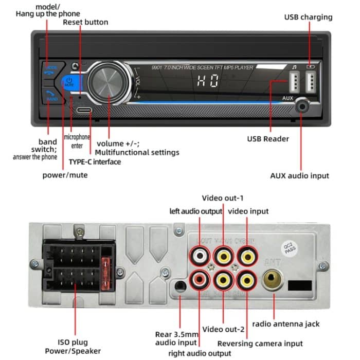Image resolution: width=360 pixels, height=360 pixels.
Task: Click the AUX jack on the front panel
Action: pos(301,107)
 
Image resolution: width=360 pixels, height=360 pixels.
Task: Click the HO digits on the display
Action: pos(208,81)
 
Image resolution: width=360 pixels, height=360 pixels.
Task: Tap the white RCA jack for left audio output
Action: pos(199,255)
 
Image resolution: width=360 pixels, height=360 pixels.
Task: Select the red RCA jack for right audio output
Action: pos(199,280)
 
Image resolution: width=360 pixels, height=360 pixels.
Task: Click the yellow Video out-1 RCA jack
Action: pos(223,255)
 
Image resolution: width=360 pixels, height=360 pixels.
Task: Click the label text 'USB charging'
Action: pos(308,17)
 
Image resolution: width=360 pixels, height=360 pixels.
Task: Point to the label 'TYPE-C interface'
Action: pos(95,162)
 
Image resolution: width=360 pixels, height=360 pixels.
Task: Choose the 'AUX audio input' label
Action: pos(299,175)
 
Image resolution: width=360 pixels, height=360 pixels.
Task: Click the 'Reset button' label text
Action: pos(85,22)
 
